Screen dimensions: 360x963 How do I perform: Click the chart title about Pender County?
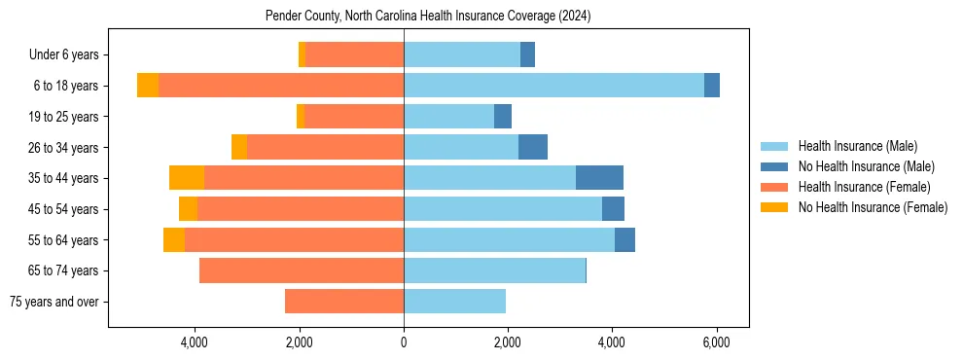428,17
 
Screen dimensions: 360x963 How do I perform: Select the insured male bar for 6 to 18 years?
553,86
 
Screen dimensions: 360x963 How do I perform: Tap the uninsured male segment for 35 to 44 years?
599,178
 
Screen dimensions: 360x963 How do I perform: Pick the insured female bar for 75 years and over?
343,302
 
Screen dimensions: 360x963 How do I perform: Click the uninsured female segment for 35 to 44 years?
187,178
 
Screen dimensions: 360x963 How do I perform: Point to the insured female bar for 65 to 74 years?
302,270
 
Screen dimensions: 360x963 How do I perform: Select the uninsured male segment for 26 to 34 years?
533,147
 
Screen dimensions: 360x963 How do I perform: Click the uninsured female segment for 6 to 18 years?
148,86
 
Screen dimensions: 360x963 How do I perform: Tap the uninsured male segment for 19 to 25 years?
503,117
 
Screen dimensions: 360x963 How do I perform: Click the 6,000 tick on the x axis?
716,342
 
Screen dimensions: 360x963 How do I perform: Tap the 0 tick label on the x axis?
404,342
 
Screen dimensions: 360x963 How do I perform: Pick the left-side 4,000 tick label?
195,342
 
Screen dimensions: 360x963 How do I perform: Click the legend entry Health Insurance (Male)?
857,146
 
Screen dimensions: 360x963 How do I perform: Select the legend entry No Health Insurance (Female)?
873,207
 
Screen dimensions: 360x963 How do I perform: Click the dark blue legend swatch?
774,166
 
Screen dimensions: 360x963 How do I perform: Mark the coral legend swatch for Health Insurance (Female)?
774,187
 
